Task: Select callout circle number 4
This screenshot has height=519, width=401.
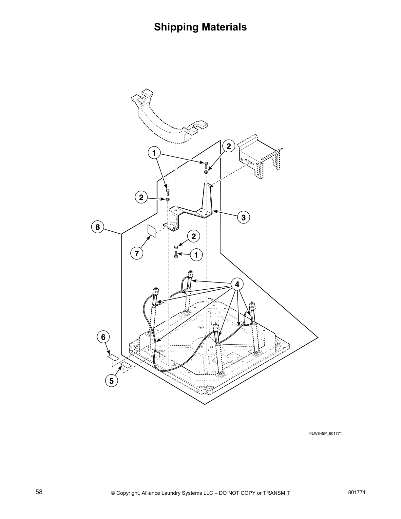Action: pos(237,284)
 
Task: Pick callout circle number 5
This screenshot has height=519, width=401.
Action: pos(111,381)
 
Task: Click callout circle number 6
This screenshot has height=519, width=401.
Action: pos(103,336)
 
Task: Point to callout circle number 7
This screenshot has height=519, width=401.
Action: pos(137,253)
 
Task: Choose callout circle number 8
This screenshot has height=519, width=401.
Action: pos(98,227)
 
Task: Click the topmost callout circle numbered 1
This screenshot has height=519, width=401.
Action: pos(154,153)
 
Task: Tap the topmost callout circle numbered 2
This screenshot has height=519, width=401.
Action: pos(229,146)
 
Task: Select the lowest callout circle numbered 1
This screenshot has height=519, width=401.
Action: pos(196,255)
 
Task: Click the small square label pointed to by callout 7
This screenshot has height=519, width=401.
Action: pos(151,230)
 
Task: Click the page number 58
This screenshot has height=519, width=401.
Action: pos(39,492)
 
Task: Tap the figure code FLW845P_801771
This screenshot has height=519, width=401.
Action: pos(326,433)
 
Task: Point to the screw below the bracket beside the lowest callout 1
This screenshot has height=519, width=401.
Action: pos(176,254)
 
